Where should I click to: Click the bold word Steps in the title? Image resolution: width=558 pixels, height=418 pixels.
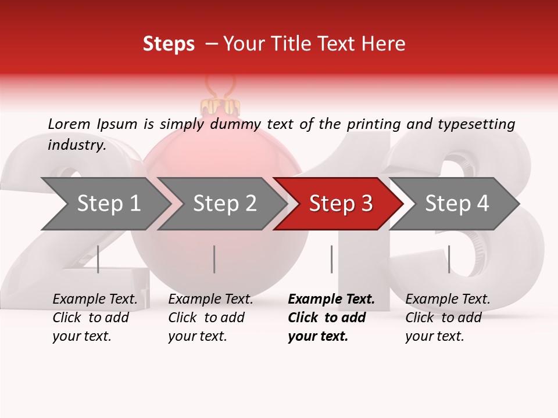coord(169,44)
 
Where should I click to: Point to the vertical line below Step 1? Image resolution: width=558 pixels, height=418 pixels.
coord(98,259)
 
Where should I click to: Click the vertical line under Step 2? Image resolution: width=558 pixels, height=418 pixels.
coord(214,259)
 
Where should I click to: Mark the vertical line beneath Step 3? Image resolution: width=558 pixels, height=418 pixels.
coord(331,259)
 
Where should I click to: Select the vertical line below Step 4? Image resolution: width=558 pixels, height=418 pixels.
coord(449,259)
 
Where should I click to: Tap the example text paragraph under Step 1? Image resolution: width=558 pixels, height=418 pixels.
coord(95,318)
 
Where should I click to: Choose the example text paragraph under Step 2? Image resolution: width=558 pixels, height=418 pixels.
coord(210,318)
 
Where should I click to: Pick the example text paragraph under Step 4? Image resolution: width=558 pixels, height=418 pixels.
coord(448,318)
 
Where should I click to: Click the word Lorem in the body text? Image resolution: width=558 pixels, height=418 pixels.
coord(69,124)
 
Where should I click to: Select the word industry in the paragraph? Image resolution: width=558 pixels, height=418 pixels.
coord(76,145)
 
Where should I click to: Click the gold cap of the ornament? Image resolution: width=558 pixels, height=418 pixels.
coord(220,107)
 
